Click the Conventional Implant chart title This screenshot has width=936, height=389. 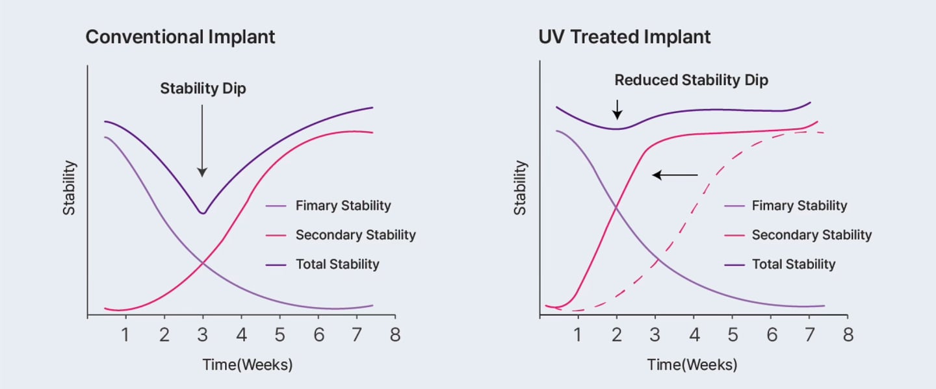tap(180, 36)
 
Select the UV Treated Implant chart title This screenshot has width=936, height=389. tap(625, 36)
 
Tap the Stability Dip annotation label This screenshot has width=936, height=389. tap(203, 89)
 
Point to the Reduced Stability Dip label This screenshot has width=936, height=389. tap(692, 81)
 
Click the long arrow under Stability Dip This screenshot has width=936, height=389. tap(202, 140)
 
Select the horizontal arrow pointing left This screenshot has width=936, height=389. tap(675, 175)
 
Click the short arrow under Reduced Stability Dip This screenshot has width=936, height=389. tap(617, 109)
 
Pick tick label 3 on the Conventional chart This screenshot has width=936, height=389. tap(203, 335)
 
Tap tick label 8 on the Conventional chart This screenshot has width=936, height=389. tap(395, 335)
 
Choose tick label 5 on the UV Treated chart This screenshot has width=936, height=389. tap(732, 335)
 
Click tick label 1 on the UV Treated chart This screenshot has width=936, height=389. tap(578, 335)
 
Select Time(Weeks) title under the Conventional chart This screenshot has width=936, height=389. tap(247, 364)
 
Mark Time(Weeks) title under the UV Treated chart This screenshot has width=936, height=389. tap(692, 364)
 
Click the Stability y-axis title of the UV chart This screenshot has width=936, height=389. tap(520, 188)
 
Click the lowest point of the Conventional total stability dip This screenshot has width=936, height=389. tap(203, 213)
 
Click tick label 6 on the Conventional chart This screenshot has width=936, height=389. tap(318, 335)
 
